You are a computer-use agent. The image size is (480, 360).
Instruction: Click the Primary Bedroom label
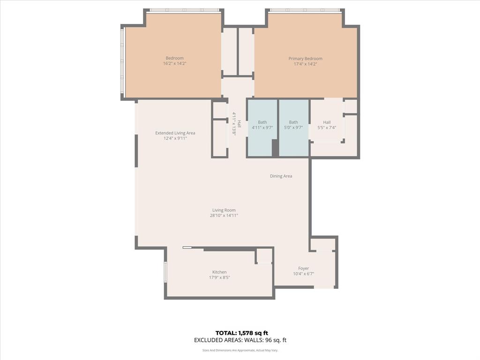click(305, 59)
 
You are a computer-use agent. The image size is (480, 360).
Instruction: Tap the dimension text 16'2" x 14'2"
click(174, 63)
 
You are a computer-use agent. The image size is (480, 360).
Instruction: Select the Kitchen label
click(219, 272)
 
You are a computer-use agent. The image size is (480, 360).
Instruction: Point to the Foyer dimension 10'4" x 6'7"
click(303, 274)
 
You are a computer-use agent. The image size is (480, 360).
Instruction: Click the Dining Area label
click(281, 176)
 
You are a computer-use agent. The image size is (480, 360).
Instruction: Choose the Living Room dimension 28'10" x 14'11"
click(224, 216)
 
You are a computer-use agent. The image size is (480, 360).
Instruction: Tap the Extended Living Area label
click(175, 133)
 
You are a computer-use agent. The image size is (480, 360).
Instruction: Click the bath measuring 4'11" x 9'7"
click(262, 125)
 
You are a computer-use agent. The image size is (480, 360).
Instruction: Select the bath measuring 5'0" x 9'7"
click(293, 125)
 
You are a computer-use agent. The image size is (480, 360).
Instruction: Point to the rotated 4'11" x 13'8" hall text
click(234, 124)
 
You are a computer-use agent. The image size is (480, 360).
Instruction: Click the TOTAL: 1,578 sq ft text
click(241, 333)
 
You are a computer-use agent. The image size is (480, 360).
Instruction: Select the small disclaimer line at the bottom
click(240, 350)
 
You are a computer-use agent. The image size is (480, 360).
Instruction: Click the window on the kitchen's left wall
click(165, 272)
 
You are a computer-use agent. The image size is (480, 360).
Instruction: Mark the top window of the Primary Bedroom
click(305, 10)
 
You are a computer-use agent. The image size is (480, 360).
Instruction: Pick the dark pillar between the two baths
click(275, 148)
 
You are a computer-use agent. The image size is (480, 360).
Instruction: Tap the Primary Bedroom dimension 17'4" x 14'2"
click(305, 64)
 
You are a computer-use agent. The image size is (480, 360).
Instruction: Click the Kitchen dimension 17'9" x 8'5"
click(219, 277)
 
